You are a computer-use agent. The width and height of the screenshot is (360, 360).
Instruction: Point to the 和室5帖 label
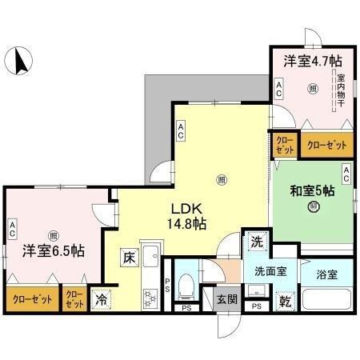311,191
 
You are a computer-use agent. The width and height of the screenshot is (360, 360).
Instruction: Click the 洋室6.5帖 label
54,249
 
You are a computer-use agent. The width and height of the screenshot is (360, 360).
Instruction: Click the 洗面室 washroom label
271,271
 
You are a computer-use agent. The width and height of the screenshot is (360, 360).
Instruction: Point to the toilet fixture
186,285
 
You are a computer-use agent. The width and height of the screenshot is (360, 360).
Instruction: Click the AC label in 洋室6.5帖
13,228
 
